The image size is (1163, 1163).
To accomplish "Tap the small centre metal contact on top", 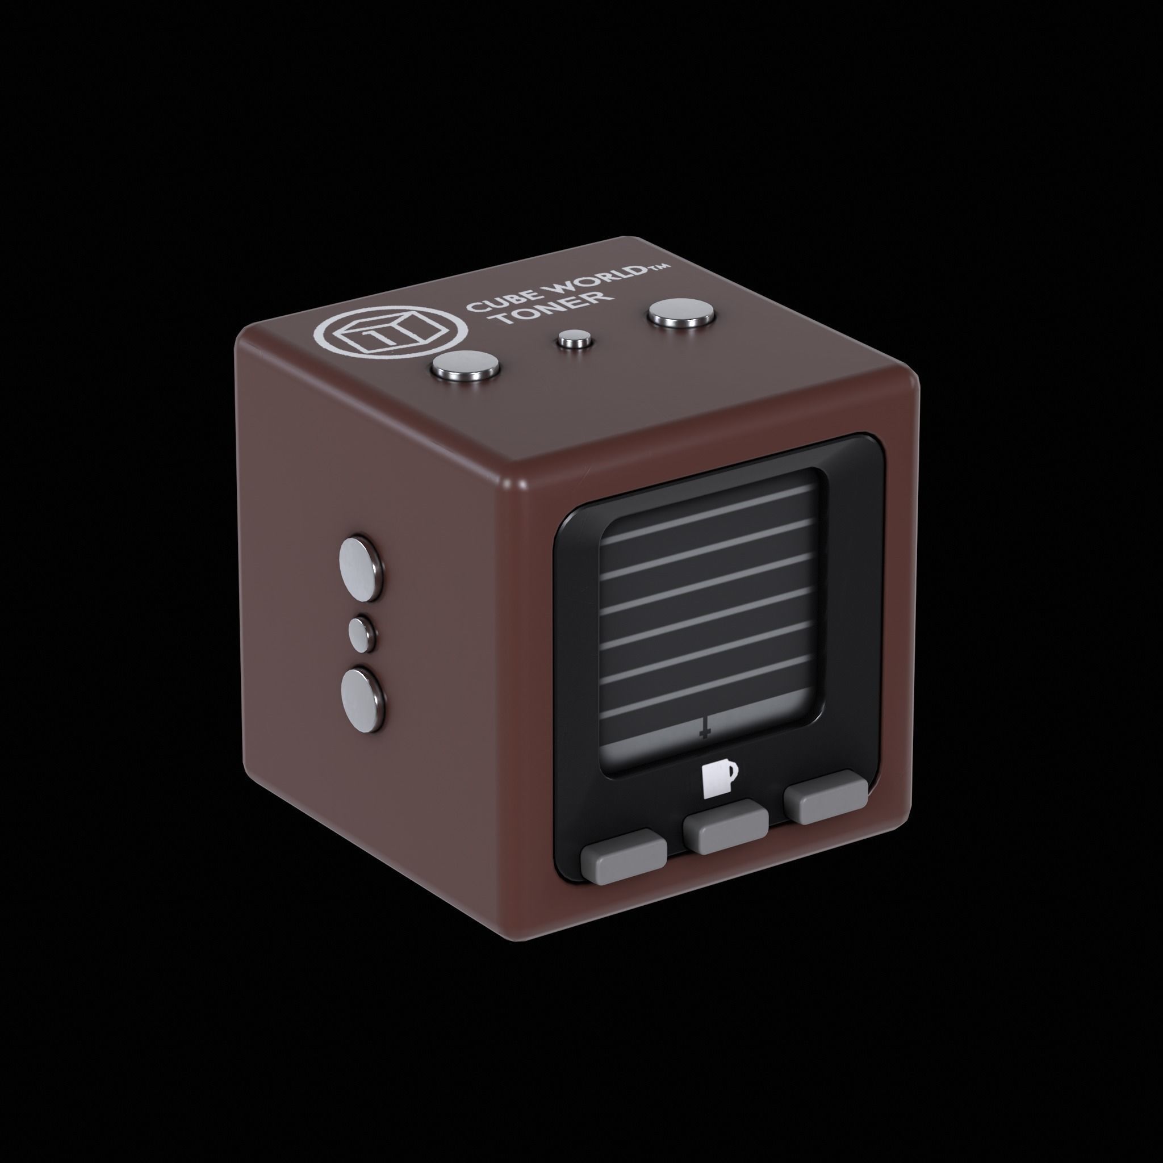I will (x=572, y=340).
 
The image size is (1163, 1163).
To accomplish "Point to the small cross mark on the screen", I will (x=704, y=730).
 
